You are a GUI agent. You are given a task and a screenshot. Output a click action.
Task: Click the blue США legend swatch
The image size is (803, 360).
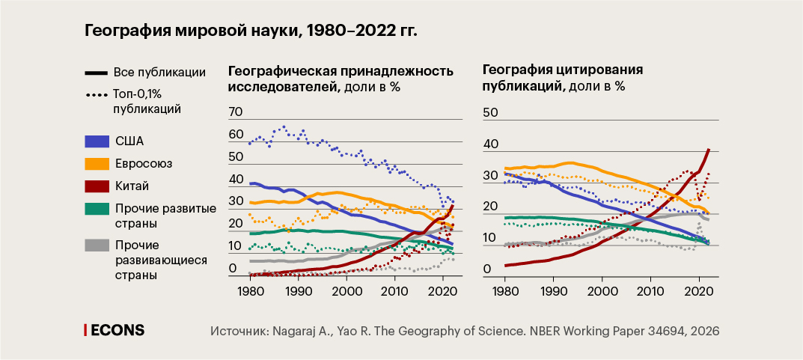pos(97,141)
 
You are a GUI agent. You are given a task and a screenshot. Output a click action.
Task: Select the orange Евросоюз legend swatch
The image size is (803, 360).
pos(97,163)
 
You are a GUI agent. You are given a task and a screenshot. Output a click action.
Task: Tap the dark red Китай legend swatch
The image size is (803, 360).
pos(97,186)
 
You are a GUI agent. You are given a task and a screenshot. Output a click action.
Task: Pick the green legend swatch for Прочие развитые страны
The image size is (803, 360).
pos(97,209)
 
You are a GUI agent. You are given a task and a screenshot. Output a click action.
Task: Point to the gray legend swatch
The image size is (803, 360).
pos(97,245)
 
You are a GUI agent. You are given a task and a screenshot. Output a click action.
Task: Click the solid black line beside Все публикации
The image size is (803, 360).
pos(97,73)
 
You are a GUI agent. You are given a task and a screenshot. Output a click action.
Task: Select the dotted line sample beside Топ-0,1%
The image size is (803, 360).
pos(97,95)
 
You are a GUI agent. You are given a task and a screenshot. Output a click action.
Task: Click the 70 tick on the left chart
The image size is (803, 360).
pos(236,112)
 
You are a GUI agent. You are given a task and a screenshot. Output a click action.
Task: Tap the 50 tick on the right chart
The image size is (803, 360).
pos(490,112)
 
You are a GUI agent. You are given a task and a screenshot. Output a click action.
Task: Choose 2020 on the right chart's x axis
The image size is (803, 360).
pos(698,291)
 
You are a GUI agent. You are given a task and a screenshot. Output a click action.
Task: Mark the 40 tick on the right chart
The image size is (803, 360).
pos(490,144)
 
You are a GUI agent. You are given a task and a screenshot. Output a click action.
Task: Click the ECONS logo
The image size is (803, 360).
pos(114,330)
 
